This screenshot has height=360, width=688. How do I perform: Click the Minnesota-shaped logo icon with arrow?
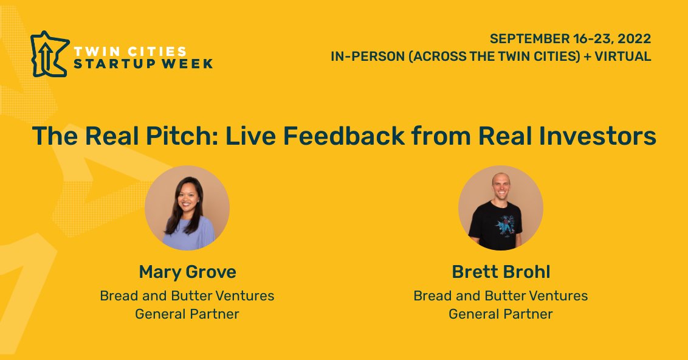tap(48, 54)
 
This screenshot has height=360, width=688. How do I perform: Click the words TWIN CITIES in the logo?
tap(129, 50)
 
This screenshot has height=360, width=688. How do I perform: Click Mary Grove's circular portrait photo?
tap(187, 207)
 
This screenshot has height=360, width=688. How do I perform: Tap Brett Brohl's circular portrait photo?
tap(500, 207)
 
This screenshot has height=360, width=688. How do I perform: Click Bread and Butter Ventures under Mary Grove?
tap(187, 296)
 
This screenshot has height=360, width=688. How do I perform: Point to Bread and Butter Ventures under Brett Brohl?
tap(500, 296)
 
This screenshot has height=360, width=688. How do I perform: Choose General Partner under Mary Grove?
tap(187, 314)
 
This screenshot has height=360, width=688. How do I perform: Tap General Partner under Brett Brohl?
tap(500, 314)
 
